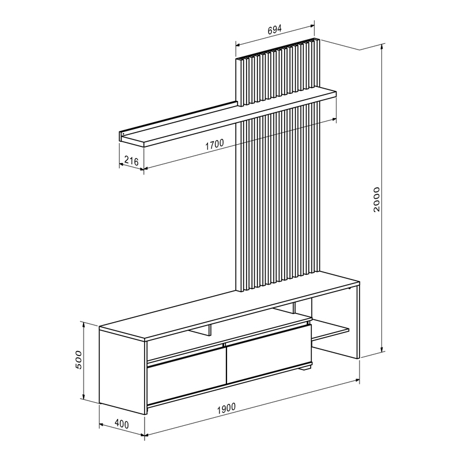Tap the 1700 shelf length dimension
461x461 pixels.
pos(214,143)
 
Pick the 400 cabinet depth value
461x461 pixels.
pos(121,424)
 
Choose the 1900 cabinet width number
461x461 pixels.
pos(227,409)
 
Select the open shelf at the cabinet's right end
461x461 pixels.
pos(331,332)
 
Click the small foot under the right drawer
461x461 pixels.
pos(307,368)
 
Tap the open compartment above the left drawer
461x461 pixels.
pos(184,349)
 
